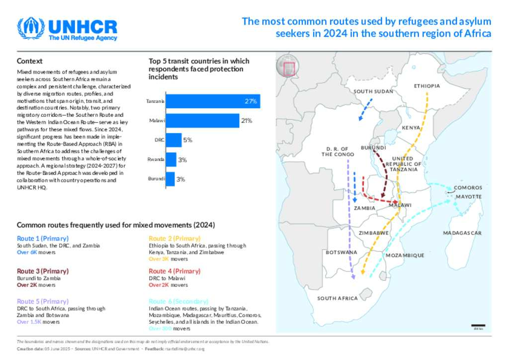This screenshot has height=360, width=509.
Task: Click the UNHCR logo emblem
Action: pyautogui.click(x=31, y=29)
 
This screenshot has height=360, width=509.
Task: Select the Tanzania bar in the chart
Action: pyautogui.click(x=212, y=101)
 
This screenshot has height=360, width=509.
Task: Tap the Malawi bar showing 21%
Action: pyautogui.click(x=202, y=121)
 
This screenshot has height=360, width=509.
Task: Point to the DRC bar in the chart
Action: pyautogui.click(x=173, y=140)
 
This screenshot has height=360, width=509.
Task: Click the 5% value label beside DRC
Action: pyautogui.click(x=187, y=140)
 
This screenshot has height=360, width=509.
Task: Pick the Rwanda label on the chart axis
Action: pyautogui.click(x=156, y=160)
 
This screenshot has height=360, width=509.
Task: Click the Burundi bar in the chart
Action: pyautogui.click(x=170, y=179)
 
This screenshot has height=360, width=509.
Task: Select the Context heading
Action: pyautogui.click(x=29, y=61)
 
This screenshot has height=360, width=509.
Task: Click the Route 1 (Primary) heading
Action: pyautogui.click(x=43, y=239)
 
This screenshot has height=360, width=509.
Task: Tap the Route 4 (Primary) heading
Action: pyautogui.click(x=174, y=271)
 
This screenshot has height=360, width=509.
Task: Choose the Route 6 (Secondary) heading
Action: pyautogui.click(x=178, y=301)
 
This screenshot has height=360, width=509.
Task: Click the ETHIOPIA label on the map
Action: pyautogui.click(x=427, y=86)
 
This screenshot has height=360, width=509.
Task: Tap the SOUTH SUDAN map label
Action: pyautogui.click(x=373, y=91)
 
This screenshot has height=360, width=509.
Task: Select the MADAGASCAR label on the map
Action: pyautogui.click(x=462, y=233)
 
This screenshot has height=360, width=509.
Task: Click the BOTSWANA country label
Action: pyautogui.click(x=341, y=253)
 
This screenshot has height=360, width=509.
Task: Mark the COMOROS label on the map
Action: pyautogui.click(x=468, y=188)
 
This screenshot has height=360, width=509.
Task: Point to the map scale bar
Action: pyautogui.click(x=478, y=325)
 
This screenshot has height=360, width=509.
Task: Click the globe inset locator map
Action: pyautogui.click(x=288, y=67)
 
